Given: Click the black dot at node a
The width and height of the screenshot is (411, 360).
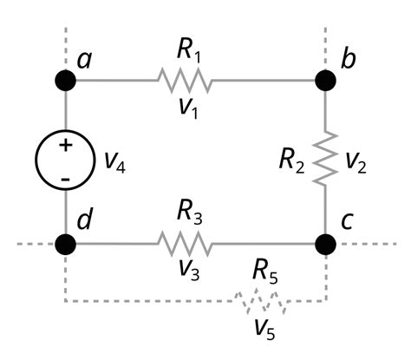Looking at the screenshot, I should (66, 81).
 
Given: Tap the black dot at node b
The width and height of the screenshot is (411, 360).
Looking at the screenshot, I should (325, 81).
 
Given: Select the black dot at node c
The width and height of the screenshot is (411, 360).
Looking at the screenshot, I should (325, 243).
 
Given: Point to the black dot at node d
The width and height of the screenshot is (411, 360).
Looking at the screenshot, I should (66, 243).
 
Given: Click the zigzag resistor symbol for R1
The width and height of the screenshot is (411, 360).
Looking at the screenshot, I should (184, 81).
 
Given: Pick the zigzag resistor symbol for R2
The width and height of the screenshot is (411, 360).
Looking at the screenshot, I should (325, 158).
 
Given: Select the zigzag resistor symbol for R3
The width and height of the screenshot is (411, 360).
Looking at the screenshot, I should (184, 243).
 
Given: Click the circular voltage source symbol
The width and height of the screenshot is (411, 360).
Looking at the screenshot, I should (66, 161).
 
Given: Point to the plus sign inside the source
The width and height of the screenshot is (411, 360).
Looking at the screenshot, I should (65, 146).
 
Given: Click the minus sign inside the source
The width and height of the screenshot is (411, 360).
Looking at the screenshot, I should (65, 179).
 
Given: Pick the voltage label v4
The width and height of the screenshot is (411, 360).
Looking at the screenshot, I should (114, 162).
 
